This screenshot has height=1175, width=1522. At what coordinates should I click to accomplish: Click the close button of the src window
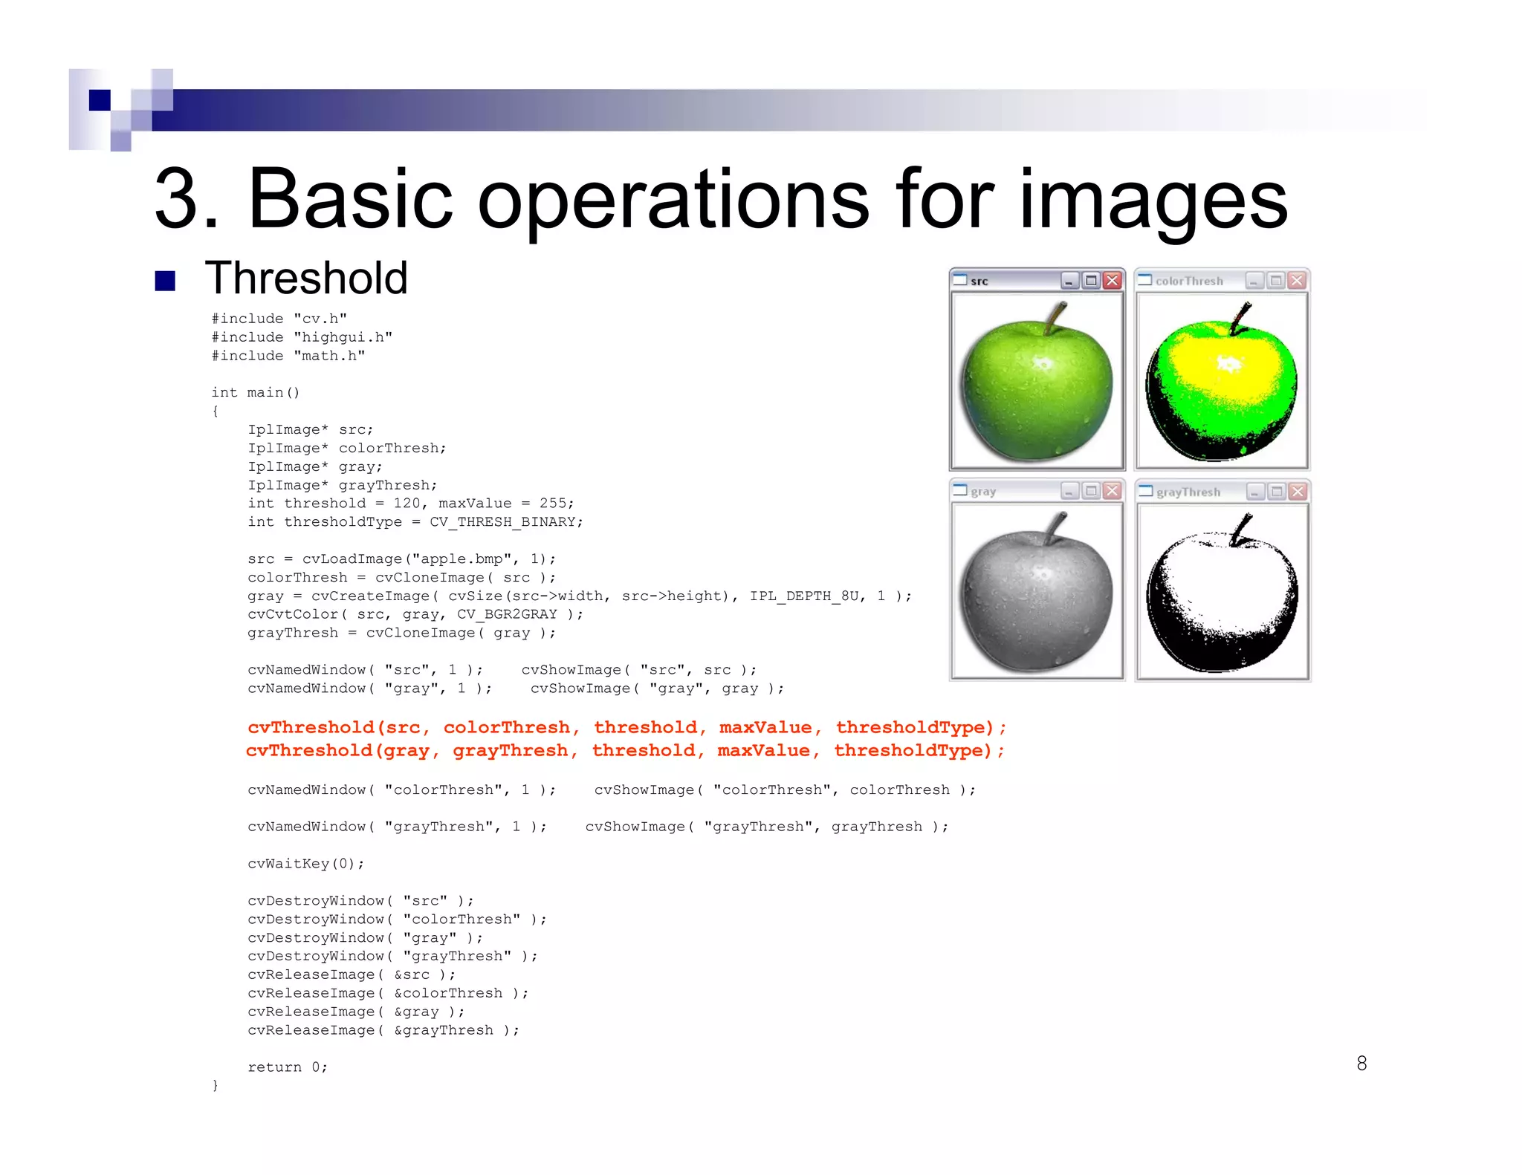click(x=1113, y=280)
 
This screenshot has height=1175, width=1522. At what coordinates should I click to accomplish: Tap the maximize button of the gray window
click(x=1091, y=491)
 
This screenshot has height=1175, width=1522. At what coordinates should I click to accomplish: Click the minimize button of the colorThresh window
click(x=1255, y=280)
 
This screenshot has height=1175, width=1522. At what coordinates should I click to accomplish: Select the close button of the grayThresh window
click(x=1298, y=492)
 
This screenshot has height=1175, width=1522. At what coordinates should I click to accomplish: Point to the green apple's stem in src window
click(x=1055, y=317)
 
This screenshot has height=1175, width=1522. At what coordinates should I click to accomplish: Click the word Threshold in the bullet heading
click(x=306, y=278)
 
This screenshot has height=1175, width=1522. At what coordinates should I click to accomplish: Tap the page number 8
click(x=1361, y=1063)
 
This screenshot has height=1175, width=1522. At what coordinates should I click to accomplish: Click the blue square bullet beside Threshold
click(x=165, y=281)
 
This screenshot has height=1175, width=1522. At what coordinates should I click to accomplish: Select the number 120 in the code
click(x=407, y=504)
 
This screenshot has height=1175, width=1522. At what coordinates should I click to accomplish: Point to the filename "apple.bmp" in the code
click(x=461, y=559)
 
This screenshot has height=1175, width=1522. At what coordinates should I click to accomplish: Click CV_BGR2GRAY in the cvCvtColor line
click(x=507, y=614)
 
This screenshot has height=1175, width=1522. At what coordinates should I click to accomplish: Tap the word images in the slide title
click(x=1153, y=199)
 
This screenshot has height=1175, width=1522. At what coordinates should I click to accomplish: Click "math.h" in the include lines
click(x=329, y=356)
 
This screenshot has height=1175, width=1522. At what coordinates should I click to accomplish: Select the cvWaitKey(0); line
click(x=305, y=864)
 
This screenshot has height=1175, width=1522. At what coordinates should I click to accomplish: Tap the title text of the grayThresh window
click(x=1188, y=492)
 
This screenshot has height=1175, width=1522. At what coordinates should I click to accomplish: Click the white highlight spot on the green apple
click(x=1042, y=363)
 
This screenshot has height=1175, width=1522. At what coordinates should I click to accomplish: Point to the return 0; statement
click(x=287, y=1067)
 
